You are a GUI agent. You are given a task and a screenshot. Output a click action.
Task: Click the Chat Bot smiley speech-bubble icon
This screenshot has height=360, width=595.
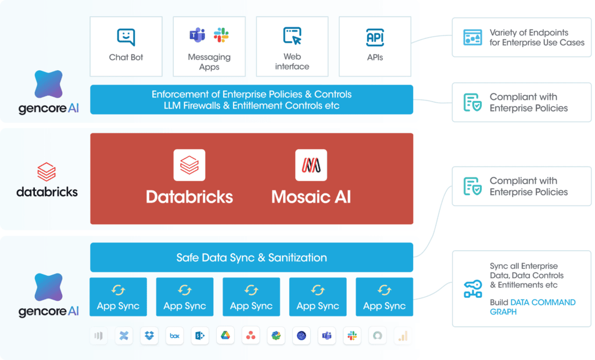(126, 37)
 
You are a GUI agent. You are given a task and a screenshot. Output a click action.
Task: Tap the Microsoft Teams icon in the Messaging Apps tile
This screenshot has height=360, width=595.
(197, 35)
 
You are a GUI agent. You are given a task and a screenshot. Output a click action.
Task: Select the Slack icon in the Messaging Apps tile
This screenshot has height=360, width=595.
(221, 35)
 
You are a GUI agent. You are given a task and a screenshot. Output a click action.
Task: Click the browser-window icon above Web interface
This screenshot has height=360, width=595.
(292, 35)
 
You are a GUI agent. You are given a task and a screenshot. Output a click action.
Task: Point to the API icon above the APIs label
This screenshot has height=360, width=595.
(375, 37)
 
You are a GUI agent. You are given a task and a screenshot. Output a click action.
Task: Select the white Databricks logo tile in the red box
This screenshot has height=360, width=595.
(189, 165)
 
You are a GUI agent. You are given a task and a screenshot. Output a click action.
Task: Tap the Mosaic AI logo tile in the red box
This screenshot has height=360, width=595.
(311, 165)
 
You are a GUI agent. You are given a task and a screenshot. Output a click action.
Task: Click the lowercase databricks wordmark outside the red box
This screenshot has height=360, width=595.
(46, 191)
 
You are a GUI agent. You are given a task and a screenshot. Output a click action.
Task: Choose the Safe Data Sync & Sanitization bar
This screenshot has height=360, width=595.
(251, 257)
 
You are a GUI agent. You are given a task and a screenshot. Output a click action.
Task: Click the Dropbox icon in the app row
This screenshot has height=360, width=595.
(149, 336)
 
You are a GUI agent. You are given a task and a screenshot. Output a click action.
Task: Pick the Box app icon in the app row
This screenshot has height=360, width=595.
(174, 336)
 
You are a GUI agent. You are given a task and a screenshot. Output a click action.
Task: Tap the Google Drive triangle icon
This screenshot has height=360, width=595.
(225, 336)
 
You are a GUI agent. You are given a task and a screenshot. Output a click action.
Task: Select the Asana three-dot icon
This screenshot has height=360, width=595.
(250, 336)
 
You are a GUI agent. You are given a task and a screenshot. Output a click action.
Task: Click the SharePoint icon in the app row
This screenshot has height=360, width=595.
(199, 336)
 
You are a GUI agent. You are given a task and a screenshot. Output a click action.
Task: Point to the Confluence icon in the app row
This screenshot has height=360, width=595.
(124, 336)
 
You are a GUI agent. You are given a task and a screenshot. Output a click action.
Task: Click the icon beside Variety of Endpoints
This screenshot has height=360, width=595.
(472, 37)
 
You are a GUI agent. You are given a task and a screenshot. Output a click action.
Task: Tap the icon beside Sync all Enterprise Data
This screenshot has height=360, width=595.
(472, 289)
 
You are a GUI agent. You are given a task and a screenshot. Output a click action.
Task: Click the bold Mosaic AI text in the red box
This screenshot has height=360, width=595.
(311, 196)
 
